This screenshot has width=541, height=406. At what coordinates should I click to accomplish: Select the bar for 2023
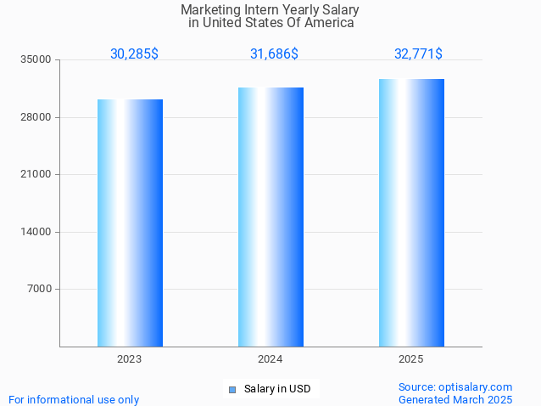tap(130, 223)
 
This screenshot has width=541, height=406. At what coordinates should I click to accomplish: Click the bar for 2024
tap(270, 217)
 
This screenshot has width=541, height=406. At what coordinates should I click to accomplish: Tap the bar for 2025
tap(411, 212)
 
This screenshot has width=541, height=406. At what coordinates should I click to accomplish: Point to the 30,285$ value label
tap(134, 54)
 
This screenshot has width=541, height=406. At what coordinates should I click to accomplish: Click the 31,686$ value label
tap(274, 54)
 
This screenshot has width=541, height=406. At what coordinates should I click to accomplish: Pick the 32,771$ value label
tap(418, 54)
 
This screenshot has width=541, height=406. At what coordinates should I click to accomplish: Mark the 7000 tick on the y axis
tap(40, 290)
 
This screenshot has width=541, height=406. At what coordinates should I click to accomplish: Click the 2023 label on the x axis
tap(130, 360)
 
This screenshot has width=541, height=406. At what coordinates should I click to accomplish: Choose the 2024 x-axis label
tap(270, 360)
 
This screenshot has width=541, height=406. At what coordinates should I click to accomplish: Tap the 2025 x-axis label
tap(411, 360)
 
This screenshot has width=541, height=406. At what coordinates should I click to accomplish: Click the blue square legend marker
tap(231, 390)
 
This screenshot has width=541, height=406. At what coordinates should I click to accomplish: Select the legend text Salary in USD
tap(277, 390)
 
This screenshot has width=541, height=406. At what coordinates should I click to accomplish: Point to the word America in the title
tap(330, 23)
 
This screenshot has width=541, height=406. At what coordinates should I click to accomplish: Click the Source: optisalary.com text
tap(455, 386)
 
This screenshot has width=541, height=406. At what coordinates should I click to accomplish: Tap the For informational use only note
tap(74, 399)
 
